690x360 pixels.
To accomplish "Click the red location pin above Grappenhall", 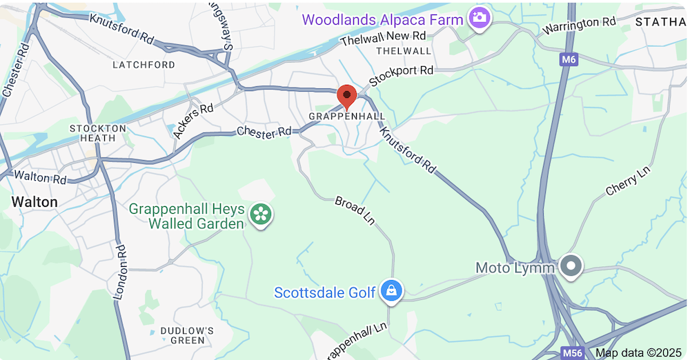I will coord(346,96).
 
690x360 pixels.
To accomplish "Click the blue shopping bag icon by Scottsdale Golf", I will coord(391,292).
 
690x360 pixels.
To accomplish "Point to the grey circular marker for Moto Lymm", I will coord(571,266).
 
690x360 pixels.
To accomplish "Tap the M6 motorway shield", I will coord(568,60).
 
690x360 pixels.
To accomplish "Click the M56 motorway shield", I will coord(572,352).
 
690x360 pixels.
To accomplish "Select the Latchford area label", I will coord(144,65).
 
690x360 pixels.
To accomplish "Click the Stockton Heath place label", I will coord(98,133).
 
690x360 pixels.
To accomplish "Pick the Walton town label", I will coord(34,201).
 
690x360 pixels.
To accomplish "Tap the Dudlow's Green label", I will coord(182,335).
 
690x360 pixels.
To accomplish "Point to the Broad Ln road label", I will coord(354,210).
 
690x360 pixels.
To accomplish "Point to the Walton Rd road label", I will coord(40,178).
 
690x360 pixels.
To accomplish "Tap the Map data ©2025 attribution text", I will coord(638,352).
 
